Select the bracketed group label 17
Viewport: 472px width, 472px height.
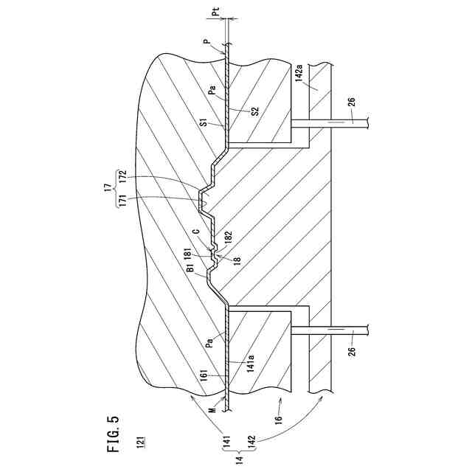(x=108, y=189)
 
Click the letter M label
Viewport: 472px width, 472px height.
(x=211, y=410)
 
